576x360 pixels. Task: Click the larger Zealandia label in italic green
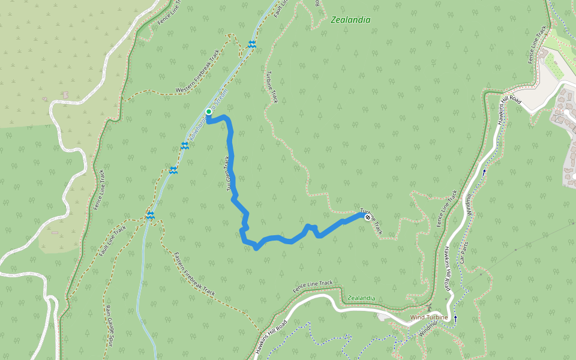[350, 20]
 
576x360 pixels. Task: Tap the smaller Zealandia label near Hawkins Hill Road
[362, 298]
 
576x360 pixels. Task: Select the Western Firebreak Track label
[199, 71]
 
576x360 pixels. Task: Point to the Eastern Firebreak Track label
[194, 274]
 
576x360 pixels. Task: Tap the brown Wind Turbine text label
[428, 317]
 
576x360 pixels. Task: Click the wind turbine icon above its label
[430, 308]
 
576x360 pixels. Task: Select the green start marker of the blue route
[209, 112]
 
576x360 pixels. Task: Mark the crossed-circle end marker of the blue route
[367, 217]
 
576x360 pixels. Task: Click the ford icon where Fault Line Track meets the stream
[151, 215]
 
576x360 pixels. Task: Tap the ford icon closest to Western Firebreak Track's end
[252, 44]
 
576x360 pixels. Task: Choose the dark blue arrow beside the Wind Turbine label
[455, 318]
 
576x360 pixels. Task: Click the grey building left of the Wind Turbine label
[383, 316]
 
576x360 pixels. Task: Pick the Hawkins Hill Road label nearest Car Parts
[448, 270]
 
